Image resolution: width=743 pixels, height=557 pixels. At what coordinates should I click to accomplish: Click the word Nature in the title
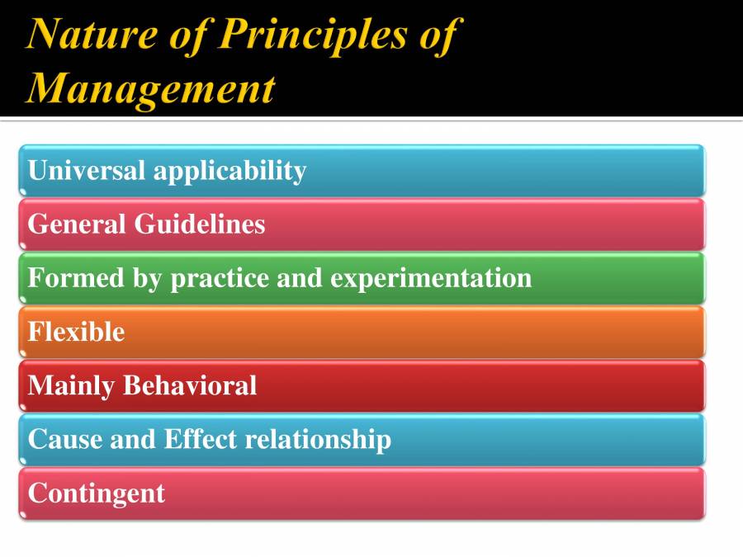click(x=92, y=34)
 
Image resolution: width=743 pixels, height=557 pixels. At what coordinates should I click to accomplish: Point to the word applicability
click(x=230, y=172)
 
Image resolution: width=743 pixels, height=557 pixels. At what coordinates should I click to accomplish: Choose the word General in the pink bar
click(x=77, y=224)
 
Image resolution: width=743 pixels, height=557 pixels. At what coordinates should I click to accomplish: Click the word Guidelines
click(x=200, y=224)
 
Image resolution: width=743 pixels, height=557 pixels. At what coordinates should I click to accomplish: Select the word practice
click(x=220, y=280)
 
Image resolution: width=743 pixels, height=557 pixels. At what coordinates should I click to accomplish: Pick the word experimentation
click(x=431, y=280)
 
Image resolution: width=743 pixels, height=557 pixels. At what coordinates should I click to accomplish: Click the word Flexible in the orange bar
click(x=76, y=331)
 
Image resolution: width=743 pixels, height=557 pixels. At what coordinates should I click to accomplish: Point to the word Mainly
click(x=71, y=386)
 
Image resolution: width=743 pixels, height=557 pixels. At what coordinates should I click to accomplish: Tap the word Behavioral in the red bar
click(x=190, y=385)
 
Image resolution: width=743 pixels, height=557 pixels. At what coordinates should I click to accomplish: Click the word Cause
click(x=65, y=439)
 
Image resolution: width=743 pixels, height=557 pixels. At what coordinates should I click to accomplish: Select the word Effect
click(x=201, y=439)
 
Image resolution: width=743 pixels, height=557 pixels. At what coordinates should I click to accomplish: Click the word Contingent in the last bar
click(x=97, y=494)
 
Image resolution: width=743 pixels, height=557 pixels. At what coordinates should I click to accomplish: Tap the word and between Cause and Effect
click(x=133, y=439)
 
